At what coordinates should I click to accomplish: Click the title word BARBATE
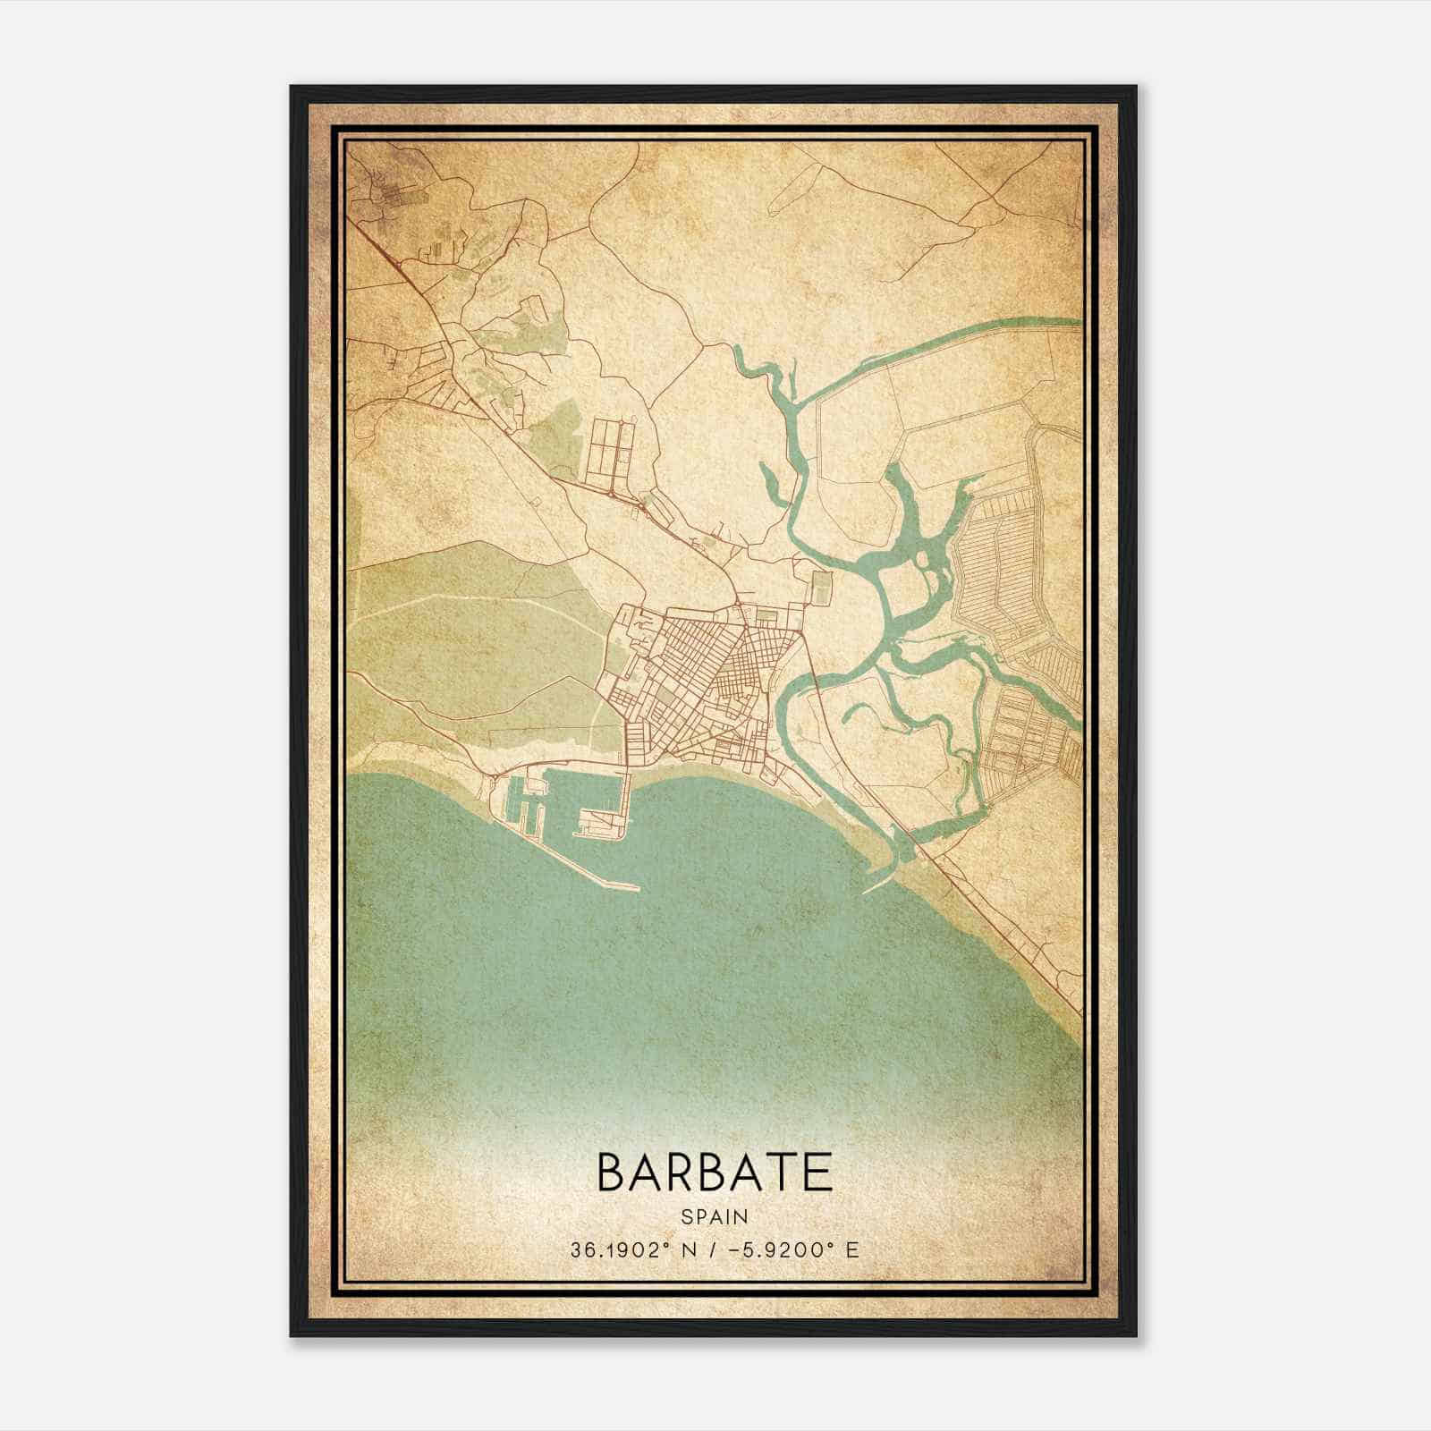click(714, 1173)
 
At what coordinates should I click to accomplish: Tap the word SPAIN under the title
click(714, 1216)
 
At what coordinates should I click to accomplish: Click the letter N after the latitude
click(686, 1249)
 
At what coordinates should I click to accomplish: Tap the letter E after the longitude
click(851, 1249)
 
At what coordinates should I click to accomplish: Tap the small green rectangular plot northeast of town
click(820, 588)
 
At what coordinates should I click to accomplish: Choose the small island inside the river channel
click(921, 561)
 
